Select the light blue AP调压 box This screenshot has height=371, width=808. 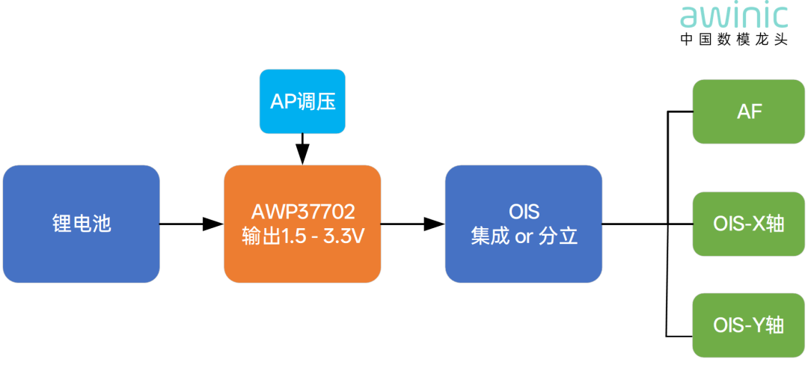(302, 102)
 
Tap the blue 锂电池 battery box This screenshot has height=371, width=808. (81, 224)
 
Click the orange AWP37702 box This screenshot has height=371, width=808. (302, 224)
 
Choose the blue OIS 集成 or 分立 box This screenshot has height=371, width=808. (524, 224)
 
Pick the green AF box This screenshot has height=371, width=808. (749, 111)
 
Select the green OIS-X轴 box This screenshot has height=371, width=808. (749, 224)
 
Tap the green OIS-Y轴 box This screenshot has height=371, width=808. (749, 325)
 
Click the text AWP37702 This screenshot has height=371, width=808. (302, 211)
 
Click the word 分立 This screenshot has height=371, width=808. (557, 236)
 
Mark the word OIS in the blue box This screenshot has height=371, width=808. (524, 211)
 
